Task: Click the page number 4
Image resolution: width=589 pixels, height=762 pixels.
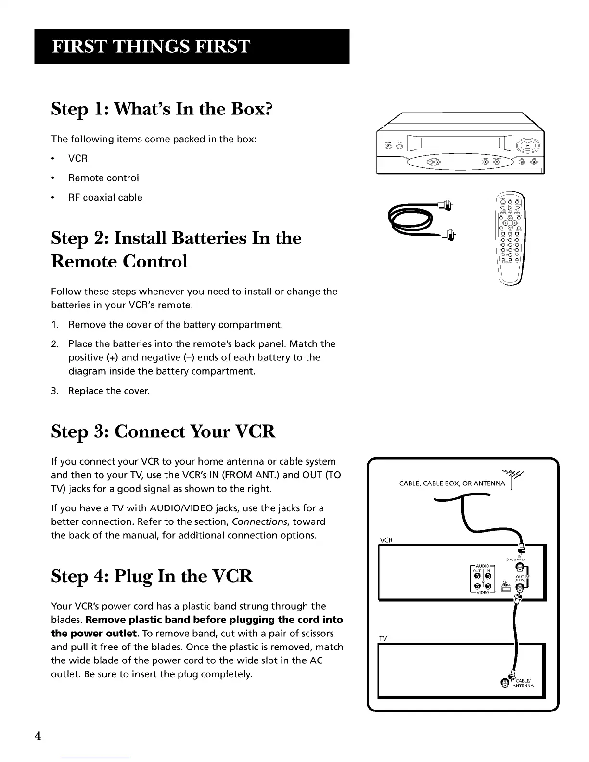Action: tap(38, 736)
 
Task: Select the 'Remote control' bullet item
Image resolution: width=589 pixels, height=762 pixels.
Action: tap(103, 178)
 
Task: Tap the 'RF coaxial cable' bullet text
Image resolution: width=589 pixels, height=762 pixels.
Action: tap(105, 197)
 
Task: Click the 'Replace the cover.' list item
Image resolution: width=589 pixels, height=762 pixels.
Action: tap(109, 391)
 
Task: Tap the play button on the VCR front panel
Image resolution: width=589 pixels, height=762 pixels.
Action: tap(527, 146)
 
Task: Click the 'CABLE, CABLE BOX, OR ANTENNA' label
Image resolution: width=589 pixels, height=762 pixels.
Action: tap(452, 483)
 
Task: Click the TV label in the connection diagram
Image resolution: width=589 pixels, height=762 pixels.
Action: tap(383, 638)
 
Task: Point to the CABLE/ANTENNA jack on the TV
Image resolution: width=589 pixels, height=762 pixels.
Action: tap(504, 682)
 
